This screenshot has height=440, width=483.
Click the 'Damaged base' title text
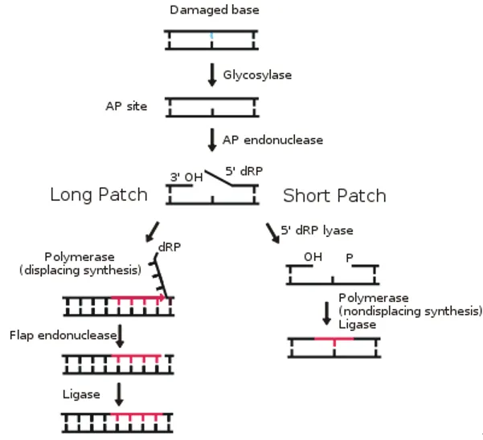(x=211, y=10)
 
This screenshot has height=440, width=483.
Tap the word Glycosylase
(x=257, y=75)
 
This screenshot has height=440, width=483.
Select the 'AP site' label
(x=126, y=106)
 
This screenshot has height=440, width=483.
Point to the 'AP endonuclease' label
(x=272, y=139)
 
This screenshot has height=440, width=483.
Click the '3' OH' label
(x=186, y=176)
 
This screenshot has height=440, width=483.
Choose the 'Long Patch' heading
(x=99, y=194)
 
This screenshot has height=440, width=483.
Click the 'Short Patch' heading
(x=334, y=195)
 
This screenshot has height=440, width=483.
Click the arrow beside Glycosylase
(x=212, y=74)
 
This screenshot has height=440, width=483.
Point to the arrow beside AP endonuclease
(x=212, y=139)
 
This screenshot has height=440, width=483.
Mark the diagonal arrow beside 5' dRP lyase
(x=272, y=232)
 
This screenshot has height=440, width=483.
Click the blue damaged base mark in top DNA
(x=212, y=36)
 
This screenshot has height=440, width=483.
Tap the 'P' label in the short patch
(x=349, y=259)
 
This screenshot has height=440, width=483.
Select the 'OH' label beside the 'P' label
(x=312, y=258)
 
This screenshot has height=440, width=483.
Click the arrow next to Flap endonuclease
(x=119, y=336)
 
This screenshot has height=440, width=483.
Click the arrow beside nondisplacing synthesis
(x=326, y=313)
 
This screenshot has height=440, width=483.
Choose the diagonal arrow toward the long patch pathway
(x=152, y=230)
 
